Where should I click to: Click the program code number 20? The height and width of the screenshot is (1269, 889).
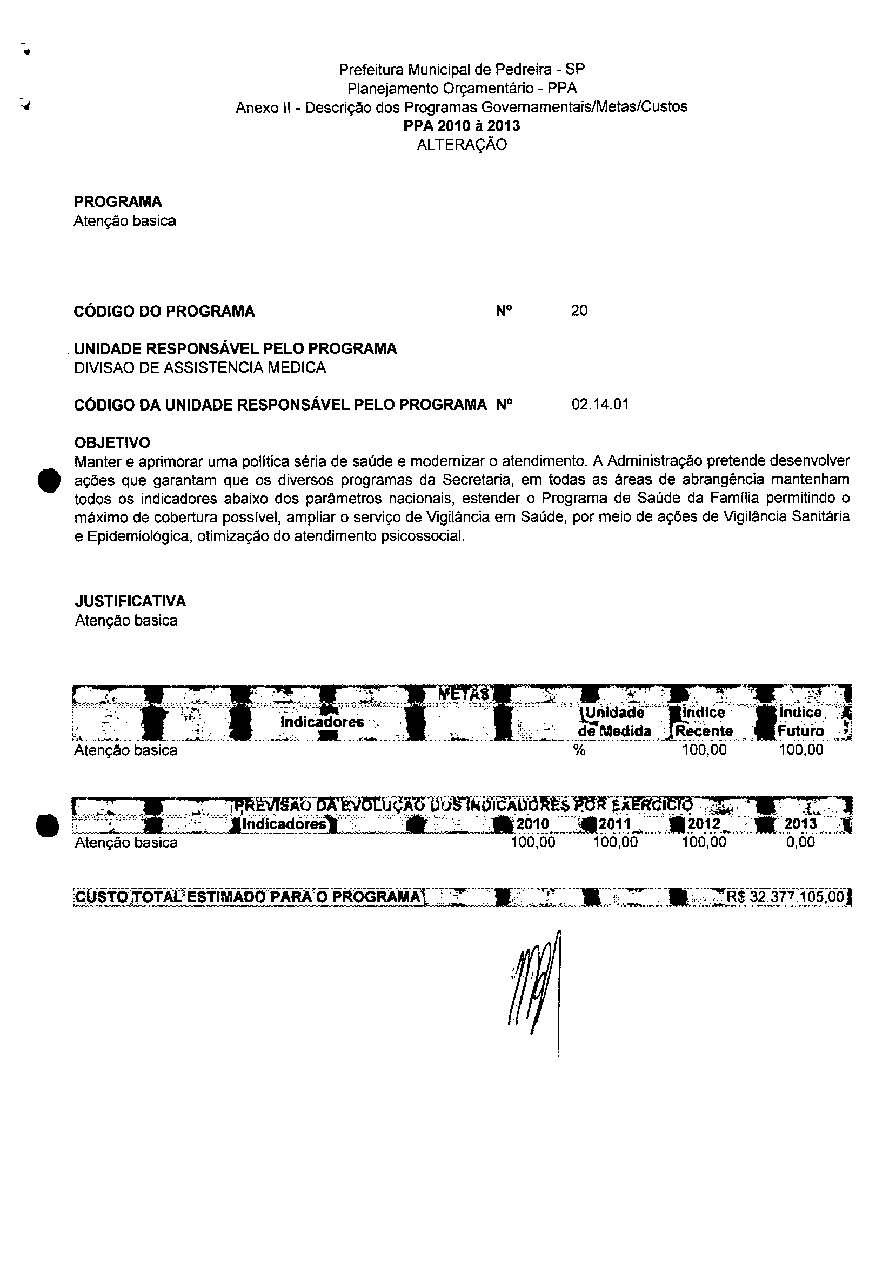[579, 311]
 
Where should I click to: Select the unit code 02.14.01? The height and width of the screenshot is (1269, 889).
[600, 405]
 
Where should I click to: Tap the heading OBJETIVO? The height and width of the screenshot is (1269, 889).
[112, 442]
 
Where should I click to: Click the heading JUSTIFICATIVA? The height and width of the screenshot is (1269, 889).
[130, 601]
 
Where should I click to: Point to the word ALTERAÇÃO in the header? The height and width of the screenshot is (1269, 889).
[462, 145]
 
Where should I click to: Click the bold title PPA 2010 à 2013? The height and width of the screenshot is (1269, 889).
[462, 126]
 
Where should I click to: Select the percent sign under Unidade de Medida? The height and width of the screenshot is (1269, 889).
[579, 750]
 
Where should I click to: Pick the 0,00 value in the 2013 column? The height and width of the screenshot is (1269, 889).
[800, 842]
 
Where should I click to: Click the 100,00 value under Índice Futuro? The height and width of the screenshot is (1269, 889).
[800, 750]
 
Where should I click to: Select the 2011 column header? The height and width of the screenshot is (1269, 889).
[615, 824]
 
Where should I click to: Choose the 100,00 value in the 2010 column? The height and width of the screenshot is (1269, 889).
[533, 842]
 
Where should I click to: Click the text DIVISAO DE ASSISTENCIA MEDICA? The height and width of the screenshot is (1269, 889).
[199, 367]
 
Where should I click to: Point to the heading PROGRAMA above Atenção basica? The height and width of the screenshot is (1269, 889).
[118, 202]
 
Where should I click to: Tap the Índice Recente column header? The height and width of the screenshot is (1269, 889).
[703, 721]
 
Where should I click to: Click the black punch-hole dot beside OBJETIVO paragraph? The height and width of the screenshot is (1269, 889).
[48, 479]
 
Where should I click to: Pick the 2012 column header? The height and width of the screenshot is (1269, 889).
[704, 824]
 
